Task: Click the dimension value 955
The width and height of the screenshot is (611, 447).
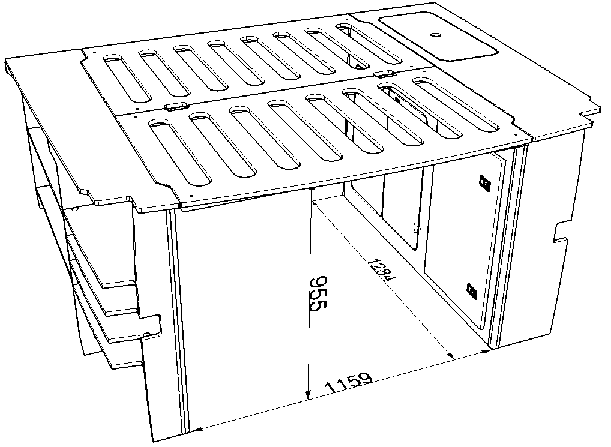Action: (318, 293)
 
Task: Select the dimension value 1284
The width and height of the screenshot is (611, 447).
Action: (382, 269)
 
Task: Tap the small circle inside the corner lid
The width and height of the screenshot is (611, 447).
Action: (435, 35)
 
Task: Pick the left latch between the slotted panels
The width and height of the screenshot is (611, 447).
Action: (176, 107)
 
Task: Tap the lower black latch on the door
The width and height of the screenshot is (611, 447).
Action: (472, 291)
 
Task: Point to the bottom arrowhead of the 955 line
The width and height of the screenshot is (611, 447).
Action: (308, 395)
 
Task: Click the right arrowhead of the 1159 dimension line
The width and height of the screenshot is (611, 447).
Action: (486, 352)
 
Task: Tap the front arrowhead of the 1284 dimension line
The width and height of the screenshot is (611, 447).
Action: (451, 355)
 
